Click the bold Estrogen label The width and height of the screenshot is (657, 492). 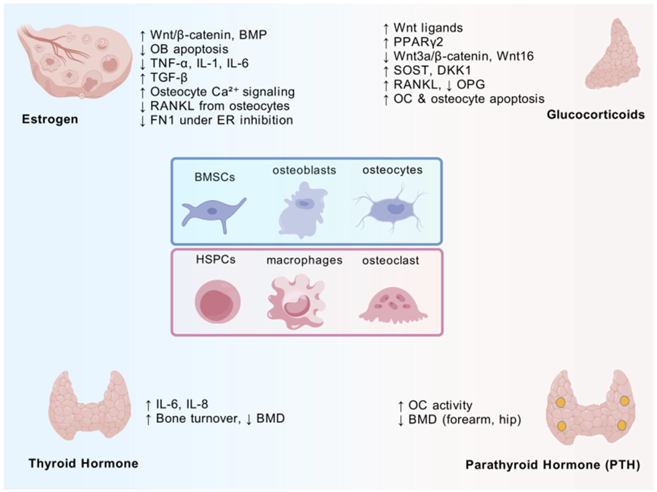50,119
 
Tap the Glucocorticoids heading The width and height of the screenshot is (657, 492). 596,115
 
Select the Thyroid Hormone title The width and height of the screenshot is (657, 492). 83,463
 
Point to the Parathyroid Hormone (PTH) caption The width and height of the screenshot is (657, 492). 553,465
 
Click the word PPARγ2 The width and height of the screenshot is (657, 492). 418,42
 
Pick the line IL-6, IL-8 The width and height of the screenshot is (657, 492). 182,404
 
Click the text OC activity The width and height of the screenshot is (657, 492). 440,405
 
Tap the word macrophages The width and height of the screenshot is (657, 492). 304,260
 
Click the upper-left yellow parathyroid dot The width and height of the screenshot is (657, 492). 560,403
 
